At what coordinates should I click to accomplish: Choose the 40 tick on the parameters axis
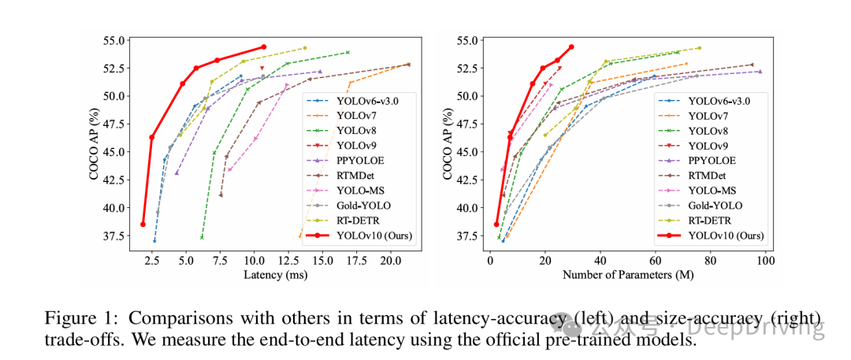(x=600, y=258)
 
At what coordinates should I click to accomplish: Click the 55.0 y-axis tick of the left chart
(x=114, y=40)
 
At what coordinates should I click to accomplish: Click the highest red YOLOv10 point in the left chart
(x=264, y=47)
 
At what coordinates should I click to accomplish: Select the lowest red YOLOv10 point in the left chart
(x=143, y=224)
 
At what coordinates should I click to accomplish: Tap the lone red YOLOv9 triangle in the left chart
(x=262, y=69)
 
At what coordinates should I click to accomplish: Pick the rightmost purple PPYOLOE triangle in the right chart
(x=760, y=72)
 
